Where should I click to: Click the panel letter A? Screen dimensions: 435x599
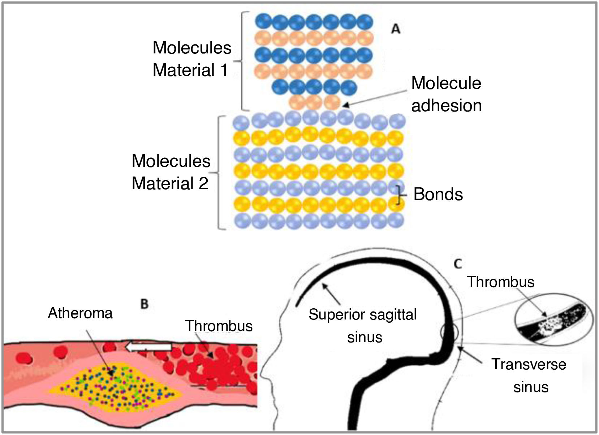(x=396, y=29)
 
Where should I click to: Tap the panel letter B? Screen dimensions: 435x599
(x=145, y=304)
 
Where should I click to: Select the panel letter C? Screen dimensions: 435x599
(x=458, y=264)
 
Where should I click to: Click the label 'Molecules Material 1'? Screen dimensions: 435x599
(x=191, y=59)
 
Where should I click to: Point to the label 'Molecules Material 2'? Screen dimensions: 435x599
(x=171, y=172)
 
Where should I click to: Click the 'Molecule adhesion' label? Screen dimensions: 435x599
(x=446, y=95)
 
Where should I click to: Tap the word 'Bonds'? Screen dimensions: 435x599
(x=438, y=194)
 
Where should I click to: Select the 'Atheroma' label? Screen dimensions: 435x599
(x=80, y=313)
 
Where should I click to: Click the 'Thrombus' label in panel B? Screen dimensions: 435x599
(x=219, y=326)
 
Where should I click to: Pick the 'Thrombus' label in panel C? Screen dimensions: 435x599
(x=500, y=282)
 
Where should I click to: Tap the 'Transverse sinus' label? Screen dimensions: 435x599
(x=529, y=375)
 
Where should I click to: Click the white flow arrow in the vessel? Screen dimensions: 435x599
(x=148, y=347)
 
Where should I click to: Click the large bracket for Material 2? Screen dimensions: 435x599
(x=220, y=173)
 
